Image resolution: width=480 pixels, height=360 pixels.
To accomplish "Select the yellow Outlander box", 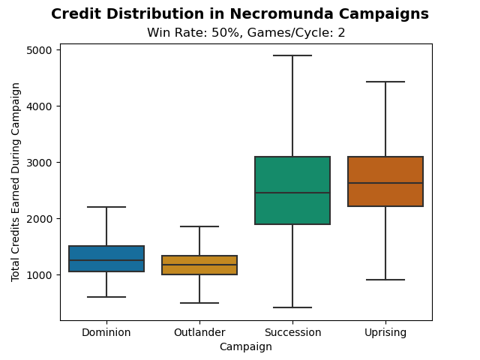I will coord(199,265).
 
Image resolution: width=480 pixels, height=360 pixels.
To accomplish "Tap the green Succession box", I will coord(292,190).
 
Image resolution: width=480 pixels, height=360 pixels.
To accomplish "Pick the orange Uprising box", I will coord(385,181).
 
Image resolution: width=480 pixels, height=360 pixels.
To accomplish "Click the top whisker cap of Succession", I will coord(292,55).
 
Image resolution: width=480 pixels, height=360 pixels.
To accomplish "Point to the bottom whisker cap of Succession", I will coord(292,307).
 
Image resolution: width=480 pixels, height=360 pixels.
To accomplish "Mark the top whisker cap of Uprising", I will coord(385,82).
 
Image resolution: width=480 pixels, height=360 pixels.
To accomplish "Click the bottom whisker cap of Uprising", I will coord(385,280).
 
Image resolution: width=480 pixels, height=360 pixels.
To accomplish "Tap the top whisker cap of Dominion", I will coord(106,207).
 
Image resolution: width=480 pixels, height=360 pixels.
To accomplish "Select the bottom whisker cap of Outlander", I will coord(199,303).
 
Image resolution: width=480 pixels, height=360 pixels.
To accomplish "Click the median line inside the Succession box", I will coord(292,193).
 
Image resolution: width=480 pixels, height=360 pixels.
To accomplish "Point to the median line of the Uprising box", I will coord(385,183).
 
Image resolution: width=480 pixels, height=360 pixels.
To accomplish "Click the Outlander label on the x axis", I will coord(199,332).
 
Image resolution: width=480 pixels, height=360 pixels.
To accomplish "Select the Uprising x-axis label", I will coord(385,332).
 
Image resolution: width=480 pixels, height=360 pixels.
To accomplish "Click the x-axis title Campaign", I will coord(245,346).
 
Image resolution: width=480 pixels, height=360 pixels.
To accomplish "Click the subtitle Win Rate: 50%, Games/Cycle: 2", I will coord(246,33).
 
